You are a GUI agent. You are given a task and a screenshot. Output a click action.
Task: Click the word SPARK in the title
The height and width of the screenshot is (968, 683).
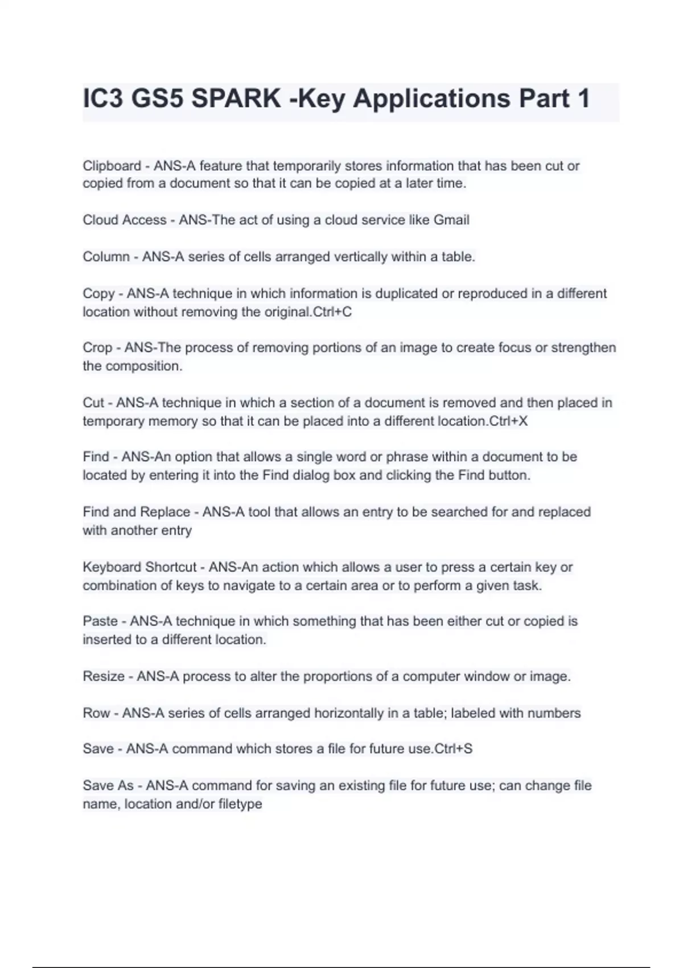(x=236, y=99)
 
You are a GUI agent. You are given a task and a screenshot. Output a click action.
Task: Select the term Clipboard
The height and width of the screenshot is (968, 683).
(x=112, y=166)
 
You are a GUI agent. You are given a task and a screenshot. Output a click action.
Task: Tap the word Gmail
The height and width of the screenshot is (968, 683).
(x=451, y=220)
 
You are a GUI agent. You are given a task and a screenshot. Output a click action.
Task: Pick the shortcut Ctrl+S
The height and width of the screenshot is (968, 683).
(x=453, y=748)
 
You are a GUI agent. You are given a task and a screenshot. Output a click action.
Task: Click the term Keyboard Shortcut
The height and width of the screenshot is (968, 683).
(x=139, y=567)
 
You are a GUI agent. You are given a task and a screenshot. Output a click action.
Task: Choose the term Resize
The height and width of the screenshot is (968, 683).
(x=104, y=676)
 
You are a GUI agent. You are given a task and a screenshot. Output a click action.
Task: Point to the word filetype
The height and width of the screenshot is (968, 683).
(x=240, y=804)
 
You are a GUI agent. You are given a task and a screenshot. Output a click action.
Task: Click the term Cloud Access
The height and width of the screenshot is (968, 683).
(x=125, y=220)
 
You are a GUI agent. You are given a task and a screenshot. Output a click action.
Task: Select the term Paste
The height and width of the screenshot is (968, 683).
(x=100, y=621)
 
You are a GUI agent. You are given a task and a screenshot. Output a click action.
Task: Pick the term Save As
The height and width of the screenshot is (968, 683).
(x=108, y=786)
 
